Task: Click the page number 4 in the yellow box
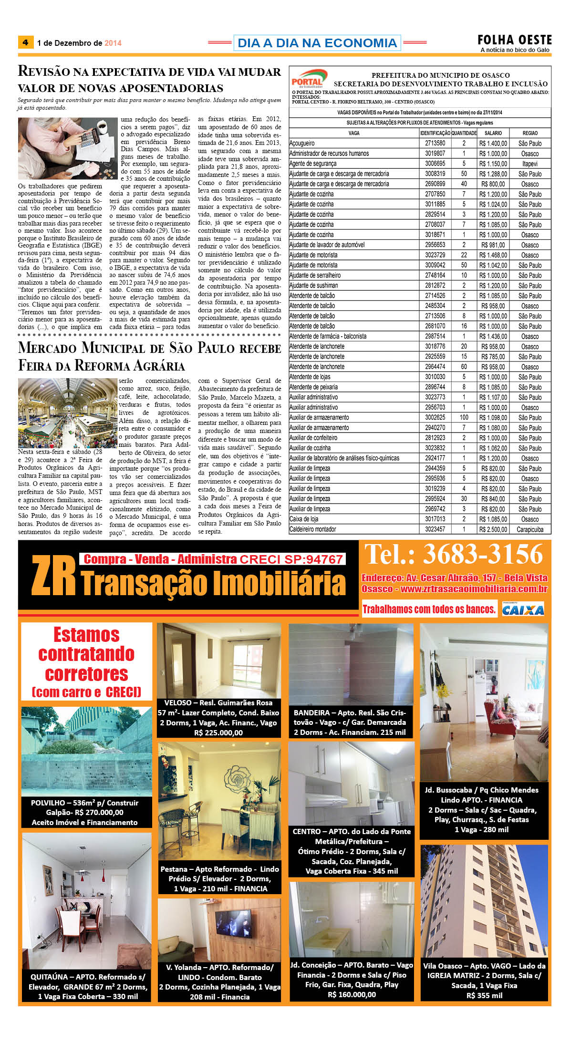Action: pyautogui.click(x=25, y=42)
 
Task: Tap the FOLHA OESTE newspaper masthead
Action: pyautogui.click(x=515, y=40)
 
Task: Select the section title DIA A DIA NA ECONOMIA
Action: pyautogui.click(x=317, y=43)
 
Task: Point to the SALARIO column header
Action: pyautogui.click(x=493, y=133)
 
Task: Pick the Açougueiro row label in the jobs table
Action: pyautogui.click(x=302, y=143)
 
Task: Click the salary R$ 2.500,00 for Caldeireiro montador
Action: pyautogui.click(x=493, y=529)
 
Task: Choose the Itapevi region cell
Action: pyautogui.click(x=529, y=164)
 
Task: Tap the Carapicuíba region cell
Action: pyautogui.click(x=529, y=529)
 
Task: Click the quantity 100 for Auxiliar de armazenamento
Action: pyautogui.click(x=464, y=418)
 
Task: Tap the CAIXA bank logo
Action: pyautogui.click(x=523, y=609)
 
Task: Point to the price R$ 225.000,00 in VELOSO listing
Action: pyautogui.click(x=218, y=732)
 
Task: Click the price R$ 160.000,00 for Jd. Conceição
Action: pyautogui.click(x=352, y=994)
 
